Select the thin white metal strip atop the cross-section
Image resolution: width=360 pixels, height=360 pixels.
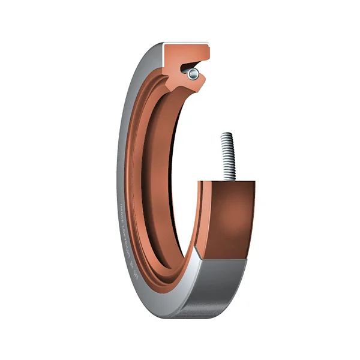pos(186,44)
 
